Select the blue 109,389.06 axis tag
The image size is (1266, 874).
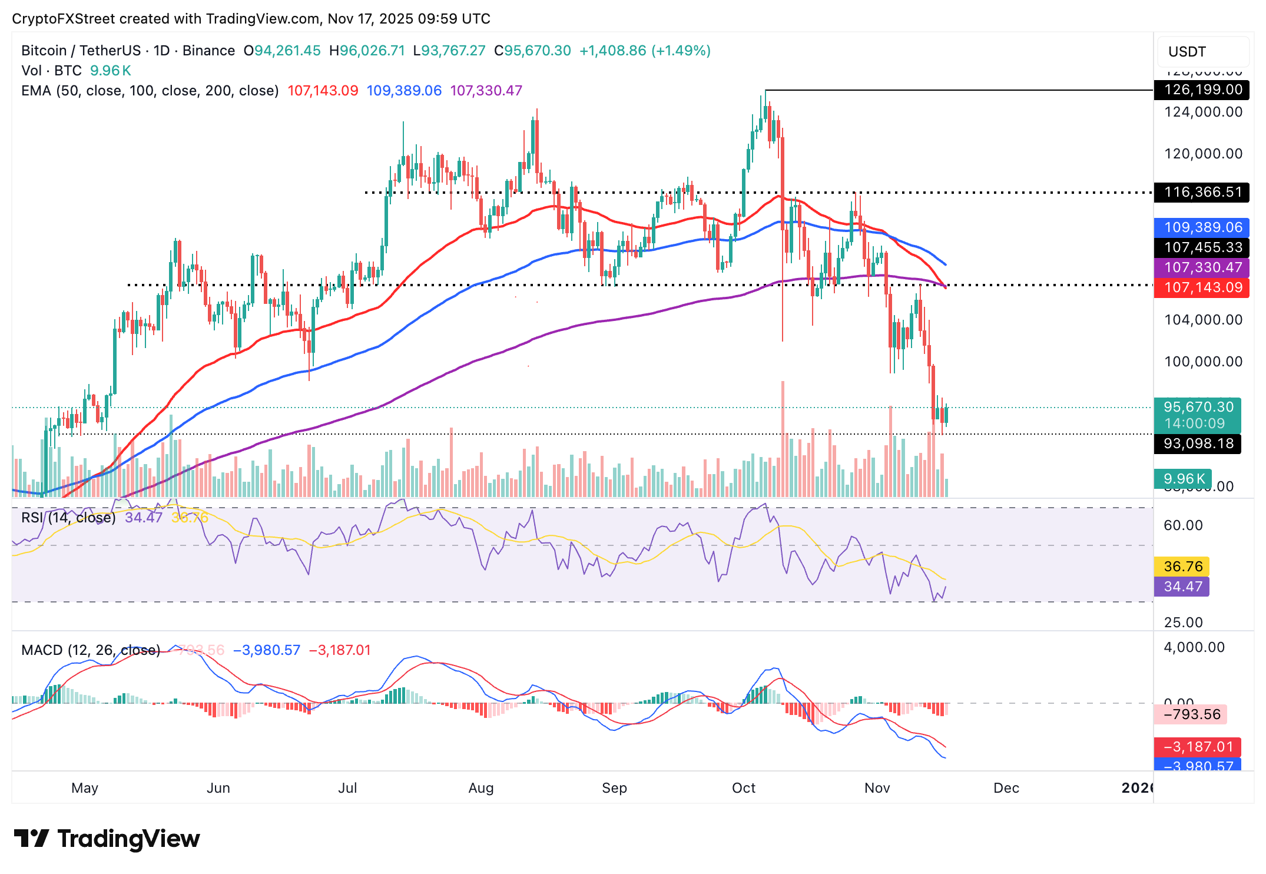(1201, 227)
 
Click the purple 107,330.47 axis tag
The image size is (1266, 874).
(1201, 267)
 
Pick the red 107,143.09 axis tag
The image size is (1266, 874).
(1201, 287)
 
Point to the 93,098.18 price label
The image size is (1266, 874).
(1198, 443)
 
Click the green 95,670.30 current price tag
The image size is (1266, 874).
(1198, 408)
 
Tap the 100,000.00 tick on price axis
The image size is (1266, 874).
(1203, 362)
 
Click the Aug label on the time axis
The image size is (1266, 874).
(480, 788)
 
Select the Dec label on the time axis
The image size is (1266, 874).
(1006, 788)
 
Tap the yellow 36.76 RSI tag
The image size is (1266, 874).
(1182, 567)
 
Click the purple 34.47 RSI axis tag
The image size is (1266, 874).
(1182, 587)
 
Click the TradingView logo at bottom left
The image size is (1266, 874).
(107, 839)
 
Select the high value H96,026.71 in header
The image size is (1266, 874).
(367, 51)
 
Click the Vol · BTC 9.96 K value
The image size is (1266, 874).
(110, 71)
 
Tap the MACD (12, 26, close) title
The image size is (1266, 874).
(91, 650)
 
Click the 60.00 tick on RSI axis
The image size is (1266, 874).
(1183, 525)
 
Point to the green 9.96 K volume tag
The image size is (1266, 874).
(1183, 479)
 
